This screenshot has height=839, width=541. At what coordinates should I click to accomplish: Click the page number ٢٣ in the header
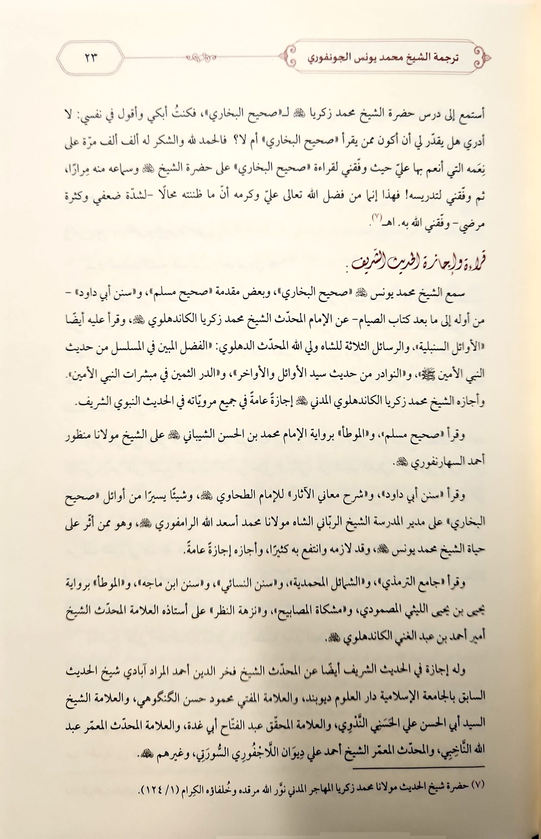[x=90, y=58]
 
